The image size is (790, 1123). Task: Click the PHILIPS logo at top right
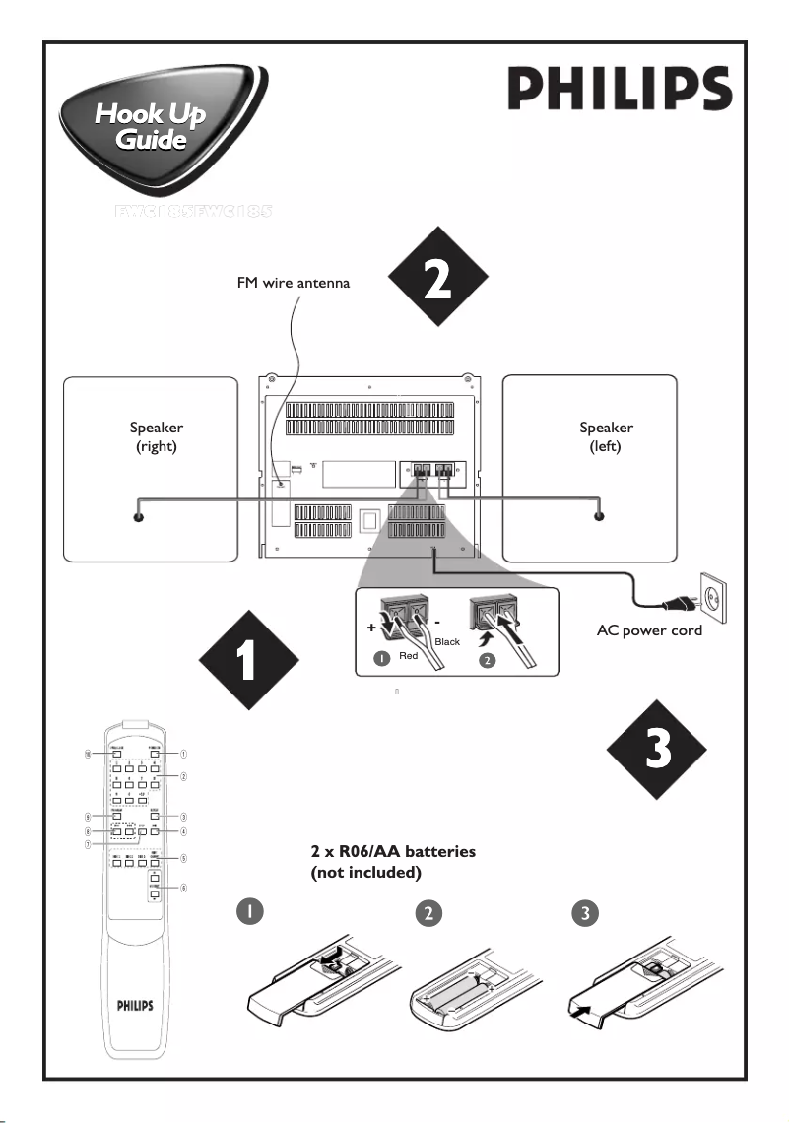coord(620,90)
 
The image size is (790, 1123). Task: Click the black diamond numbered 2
coord(437,279)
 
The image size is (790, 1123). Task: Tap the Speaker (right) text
coord(157,436)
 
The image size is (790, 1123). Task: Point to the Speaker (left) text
coord(607,436)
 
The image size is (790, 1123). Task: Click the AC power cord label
coord(650,630)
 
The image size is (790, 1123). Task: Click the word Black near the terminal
coord(447,641)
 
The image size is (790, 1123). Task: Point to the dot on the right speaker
coord(138,517)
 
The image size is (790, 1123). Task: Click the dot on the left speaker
coord(598,517)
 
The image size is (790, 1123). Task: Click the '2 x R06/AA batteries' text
coord(393,852)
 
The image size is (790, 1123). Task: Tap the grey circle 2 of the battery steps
coord(427,912)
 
